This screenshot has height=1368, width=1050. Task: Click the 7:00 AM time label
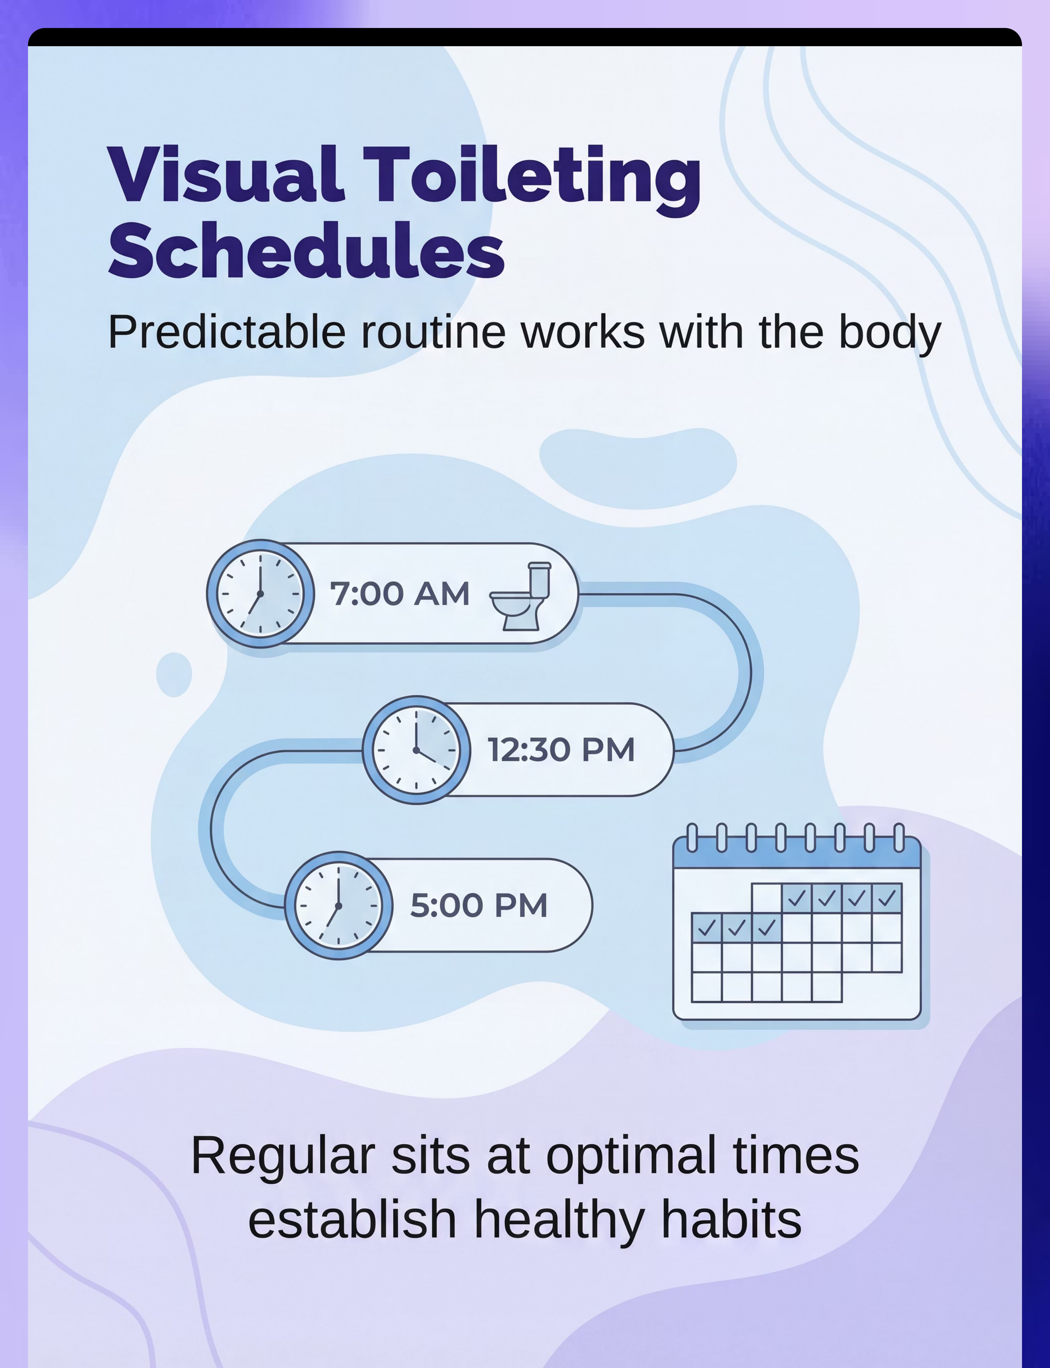[400, 593]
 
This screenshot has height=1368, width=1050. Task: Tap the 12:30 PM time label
[561, 750]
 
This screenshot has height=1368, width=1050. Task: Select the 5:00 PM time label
[479, 905]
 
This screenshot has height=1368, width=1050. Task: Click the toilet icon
[521, 596]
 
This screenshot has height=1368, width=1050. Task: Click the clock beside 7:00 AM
[261, 593]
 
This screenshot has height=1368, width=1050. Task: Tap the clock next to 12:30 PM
[416, 750]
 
